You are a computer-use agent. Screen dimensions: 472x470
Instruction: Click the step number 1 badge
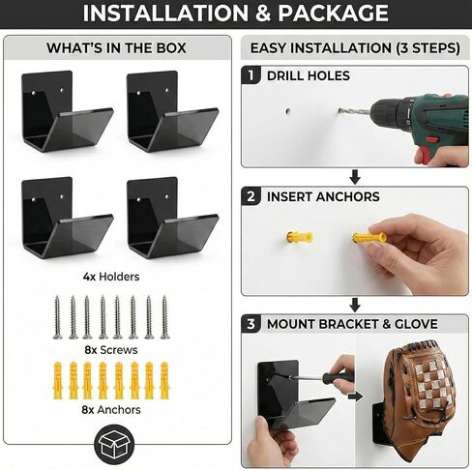(251, 75)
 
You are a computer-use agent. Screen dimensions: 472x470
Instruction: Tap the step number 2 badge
(251, 196)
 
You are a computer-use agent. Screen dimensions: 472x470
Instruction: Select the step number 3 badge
(251, 324)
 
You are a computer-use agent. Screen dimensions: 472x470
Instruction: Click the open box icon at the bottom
(114, 444)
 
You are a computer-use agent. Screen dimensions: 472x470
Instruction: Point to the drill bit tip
(339, 111)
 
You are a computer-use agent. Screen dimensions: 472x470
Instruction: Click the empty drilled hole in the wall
(288, 111)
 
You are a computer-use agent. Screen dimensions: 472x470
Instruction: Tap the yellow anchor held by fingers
(369, 238)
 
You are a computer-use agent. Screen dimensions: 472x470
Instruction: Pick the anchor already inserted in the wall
(300, 238)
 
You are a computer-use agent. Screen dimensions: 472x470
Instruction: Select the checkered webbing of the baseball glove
(432, 383)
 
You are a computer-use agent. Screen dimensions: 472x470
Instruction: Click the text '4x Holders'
(111, 277)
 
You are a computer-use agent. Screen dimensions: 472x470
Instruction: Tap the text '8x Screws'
(111, 350)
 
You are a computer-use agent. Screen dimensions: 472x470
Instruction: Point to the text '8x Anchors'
(111, 410)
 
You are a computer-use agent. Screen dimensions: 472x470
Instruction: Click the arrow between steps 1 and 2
(355, 177)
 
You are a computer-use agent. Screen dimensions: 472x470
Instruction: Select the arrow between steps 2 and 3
(355, 305)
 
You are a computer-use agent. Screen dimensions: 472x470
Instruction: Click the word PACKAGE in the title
(333, 13)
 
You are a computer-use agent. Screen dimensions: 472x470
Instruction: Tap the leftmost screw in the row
(58, 317)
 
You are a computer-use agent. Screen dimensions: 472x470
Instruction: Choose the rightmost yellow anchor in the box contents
(164, 381)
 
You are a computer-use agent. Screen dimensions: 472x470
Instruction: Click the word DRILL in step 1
(285, 75)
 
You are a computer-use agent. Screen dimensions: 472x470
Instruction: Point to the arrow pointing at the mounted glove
(355, 397)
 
